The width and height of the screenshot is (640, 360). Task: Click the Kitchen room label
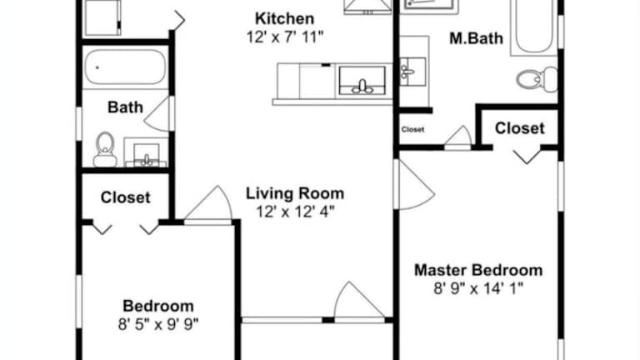[x=284, y=19]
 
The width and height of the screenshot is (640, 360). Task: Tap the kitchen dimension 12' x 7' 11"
[x=284, y=37]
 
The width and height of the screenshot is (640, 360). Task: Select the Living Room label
[x=295, y=193]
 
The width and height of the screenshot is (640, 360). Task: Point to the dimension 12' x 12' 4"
[x=295, y=212]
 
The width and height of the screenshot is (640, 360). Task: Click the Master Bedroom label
[x=478, y=270]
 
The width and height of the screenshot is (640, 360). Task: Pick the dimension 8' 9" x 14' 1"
[x=478, y=288]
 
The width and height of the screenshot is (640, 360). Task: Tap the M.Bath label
[x=476, y=38]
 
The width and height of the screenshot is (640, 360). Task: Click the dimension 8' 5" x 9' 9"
[x=158, y=324]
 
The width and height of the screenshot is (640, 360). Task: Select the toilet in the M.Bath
[x=537, y=79]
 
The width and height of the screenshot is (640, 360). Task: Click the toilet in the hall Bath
[x=105, y=149]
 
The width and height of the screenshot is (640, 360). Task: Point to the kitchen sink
[x=362, y=81]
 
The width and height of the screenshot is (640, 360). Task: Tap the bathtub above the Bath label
[x=125, y=67]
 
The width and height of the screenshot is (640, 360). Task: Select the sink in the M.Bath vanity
[x=412, y=72]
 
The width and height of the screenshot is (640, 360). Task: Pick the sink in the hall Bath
[x=147, y=153]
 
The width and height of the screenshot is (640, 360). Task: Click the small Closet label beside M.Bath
[x=412, y=129]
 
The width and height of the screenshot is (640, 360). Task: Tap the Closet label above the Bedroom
[x=125, y=197]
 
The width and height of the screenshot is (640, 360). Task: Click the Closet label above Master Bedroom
[x=520, y=128]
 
